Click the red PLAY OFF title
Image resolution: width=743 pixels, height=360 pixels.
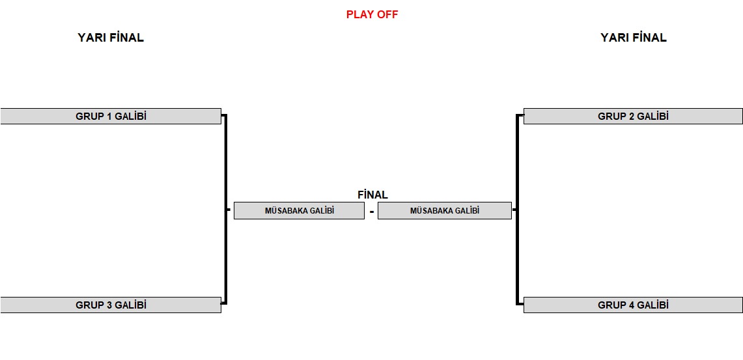coord(372,15)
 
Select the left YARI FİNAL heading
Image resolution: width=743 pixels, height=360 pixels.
coord(111,38)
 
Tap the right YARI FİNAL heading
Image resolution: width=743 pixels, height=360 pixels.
coord(633,38)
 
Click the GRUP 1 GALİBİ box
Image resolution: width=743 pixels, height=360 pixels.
coord(111,117)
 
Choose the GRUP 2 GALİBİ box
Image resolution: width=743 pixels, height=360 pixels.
coord(633,117)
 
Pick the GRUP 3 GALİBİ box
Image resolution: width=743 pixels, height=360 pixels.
coord(111,305)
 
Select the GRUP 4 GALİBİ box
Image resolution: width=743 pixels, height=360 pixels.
coord(633,305)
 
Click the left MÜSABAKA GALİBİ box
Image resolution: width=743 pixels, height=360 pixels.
coord(299,211)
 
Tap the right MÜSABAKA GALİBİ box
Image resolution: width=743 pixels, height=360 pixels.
coord(445,211)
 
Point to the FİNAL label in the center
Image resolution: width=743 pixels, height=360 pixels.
coord(372,195)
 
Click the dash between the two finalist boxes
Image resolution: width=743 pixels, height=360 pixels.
coord(371,212)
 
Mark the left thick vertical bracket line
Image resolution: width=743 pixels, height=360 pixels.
coord(225,209)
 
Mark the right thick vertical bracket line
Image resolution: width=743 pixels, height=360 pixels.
coord(518,209)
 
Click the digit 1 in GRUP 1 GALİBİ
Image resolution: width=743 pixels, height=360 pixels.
coord(109,117)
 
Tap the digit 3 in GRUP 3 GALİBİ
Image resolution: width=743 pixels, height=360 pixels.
coord(109,305)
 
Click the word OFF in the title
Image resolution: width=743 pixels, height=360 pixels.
coord(387,15)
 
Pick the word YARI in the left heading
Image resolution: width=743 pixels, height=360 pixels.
coord(92,38)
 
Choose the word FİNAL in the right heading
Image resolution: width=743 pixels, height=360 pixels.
coord(649,38)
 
